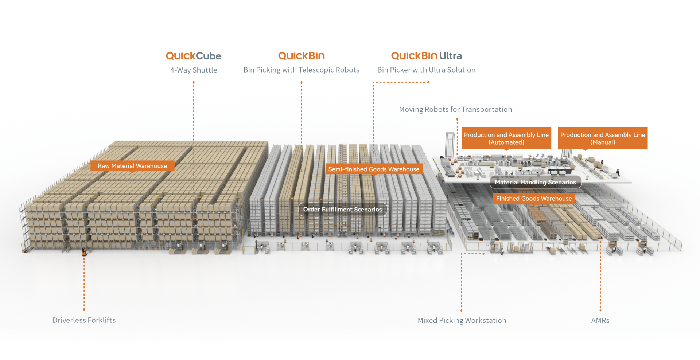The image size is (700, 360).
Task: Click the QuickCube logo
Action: click(x=194, y=56)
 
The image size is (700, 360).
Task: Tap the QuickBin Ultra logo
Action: click(x=426, y=56)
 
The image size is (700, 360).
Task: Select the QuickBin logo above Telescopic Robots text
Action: click(x=301, y=56)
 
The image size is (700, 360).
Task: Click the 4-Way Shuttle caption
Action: click(x=194, y=70)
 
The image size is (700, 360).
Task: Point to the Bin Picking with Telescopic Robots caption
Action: click(x=301, y=70)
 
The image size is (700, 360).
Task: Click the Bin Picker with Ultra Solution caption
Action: click(x=426, y=70)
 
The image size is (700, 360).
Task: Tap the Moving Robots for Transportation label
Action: click(x=455, y=110)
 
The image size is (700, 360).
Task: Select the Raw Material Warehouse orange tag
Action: click(x=132, y=166)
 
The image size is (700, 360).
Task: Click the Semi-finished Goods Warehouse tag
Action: click(x=374, y=169)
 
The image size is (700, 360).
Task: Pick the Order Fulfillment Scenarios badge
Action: click(x=342, y=210)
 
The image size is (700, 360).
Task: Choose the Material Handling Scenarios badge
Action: click(x=535, y=182)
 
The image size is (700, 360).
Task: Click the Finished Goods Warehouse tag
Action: click(x=534, y=199)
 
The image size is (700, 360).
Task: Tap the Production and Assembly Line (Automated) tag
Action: click(x=506, y=138)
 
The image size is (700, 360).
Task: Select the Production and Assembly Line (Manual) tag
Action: click(x=603, y=138)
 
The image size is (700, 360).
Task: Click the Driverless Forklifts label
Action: click(x=84, y=320)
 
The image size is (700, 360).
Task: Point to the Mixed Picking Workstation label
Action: click(x=462, y=321)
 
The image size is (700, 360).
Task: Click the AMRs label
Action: click(x=600, y=321)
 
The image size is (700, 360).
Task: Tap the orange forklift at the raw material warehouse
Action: click(x=84, y=251)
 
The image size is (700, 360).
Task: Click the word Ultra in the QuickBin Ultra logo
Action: click(x=451, y=56)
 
